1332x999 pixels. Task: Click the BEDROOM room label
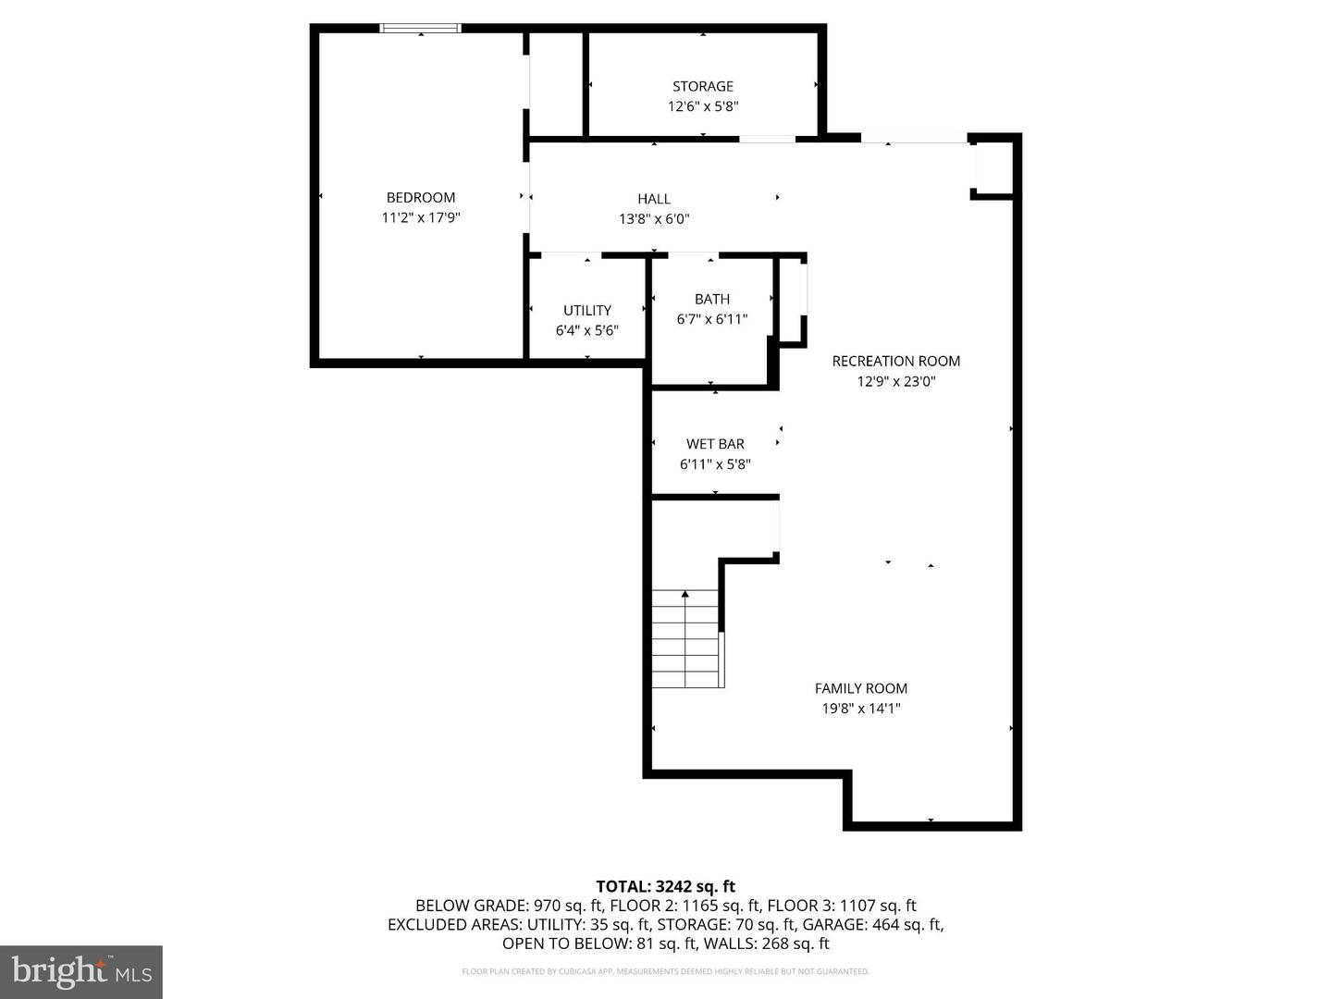tap(421, 197)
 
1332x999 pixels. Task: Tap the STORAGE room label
tap(703, 86)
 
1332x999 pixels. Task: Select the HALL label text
tap(654, 199)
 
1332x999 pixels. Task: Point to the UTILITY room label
tap(587, 310)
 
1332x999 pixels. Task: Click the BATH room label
tap(712, 299)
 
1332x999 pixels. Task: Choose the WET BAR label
tap(715, 444)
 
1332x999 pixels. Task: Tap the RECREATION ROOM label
tap(896, 361)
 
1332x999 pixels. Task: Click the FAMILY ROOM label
tap(861, 688)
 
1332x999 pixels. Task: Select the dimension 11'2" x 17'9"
tap(421, 218)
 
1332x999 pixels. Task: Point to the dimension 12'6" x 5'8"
tap(703, 106)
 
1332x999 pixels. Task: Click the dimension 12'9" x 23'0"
tap(896, 381)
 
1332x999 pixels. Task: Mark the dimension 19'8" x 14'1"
tap(861, 709)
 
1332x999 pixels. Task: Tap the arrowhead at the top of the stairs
tap(685, 594)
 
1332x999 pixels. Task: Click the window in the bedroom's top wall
tap(421, 29)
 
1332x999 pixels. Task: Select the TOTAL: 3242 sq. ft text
tap(665, 886)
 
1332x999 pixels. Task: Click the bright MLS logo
tap(81, 971)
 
